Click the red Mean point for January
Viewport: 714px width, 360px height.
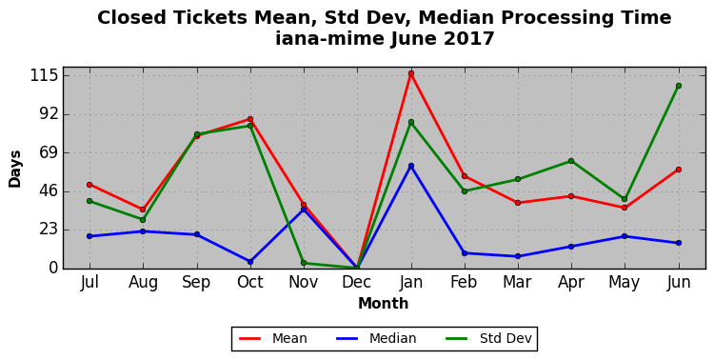[411, 73]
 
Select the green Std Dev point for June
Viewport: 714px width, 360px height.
[679, 86]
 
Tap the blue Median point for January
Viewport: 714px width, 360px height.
[411, 166]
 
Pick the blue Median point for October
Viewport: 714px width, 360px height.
[250, 262]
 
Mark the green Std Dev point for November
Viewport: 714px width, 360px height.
[304, 263]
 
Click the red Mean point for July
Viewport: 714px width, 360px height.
[89, 185]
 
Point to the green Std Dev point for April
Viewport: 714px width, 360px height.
[571, 161]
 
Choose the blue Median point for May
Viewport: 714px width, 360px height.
[625, 236]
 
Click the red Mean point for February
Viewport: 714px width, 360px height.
[465, 176]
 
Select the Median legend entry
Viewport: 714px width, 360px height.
[376, 339]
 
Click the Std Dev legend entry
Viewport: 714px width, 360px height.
[488, 339]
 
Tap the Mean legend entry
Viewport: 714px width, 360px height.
[273, 339]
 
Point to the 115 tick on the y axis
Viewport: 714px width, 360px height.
[44, 75]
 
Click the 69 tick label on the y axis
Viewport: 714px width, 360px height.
[49, 152]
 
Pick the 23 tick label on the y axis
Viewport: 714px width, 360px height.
[49, 230]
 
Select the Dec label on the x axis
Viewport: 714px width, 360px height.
[357, 283]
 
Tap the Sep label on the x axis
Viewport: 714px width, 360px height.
[197, 283]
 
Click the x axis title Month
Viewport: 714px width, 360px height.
[384, 304]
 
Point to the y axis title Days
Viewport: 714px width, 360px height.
[15, 170]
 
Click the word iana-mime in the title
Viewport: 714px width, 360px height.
[329, 38]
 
